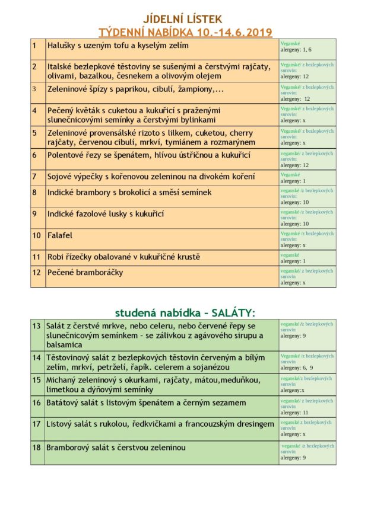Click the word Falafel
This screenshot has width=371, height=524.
[60, 235]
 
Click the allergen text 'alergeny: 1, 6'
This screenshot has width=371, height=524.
[296, 50]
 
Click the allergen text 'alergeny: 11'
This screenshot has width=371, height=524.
[294, 413]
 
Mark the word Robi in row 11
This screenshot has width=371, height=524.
[56, 257]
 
